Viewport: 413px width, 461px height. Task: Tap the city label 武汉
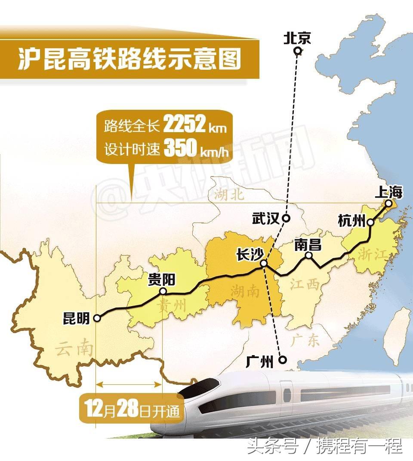coord(265,219)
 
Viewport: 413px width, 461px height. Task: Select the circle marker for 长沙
coord(264,263)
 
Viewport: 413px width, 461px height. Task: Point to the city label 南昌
coord(308,245)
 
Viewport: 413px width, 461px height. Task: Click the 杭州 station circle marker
coord(370,223)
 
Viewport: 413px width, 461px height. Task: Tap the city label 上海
coord(388,192)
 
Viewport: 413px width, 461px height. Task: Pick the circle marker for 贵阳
coord(163,291)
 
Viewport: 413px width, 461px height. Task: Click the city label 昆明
coord(76,319)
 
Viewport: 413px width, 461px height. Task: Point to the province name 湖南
coord(244,292)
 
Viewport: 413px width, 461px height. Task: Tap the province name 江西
coord(305,284)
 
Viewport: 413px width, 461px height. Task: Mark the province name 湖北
coord(228,195)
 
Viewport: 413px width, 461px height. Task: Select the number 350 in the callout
coord(179,149)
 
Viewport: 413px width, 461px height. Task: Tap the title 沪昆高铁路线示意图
coord(129,59)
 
